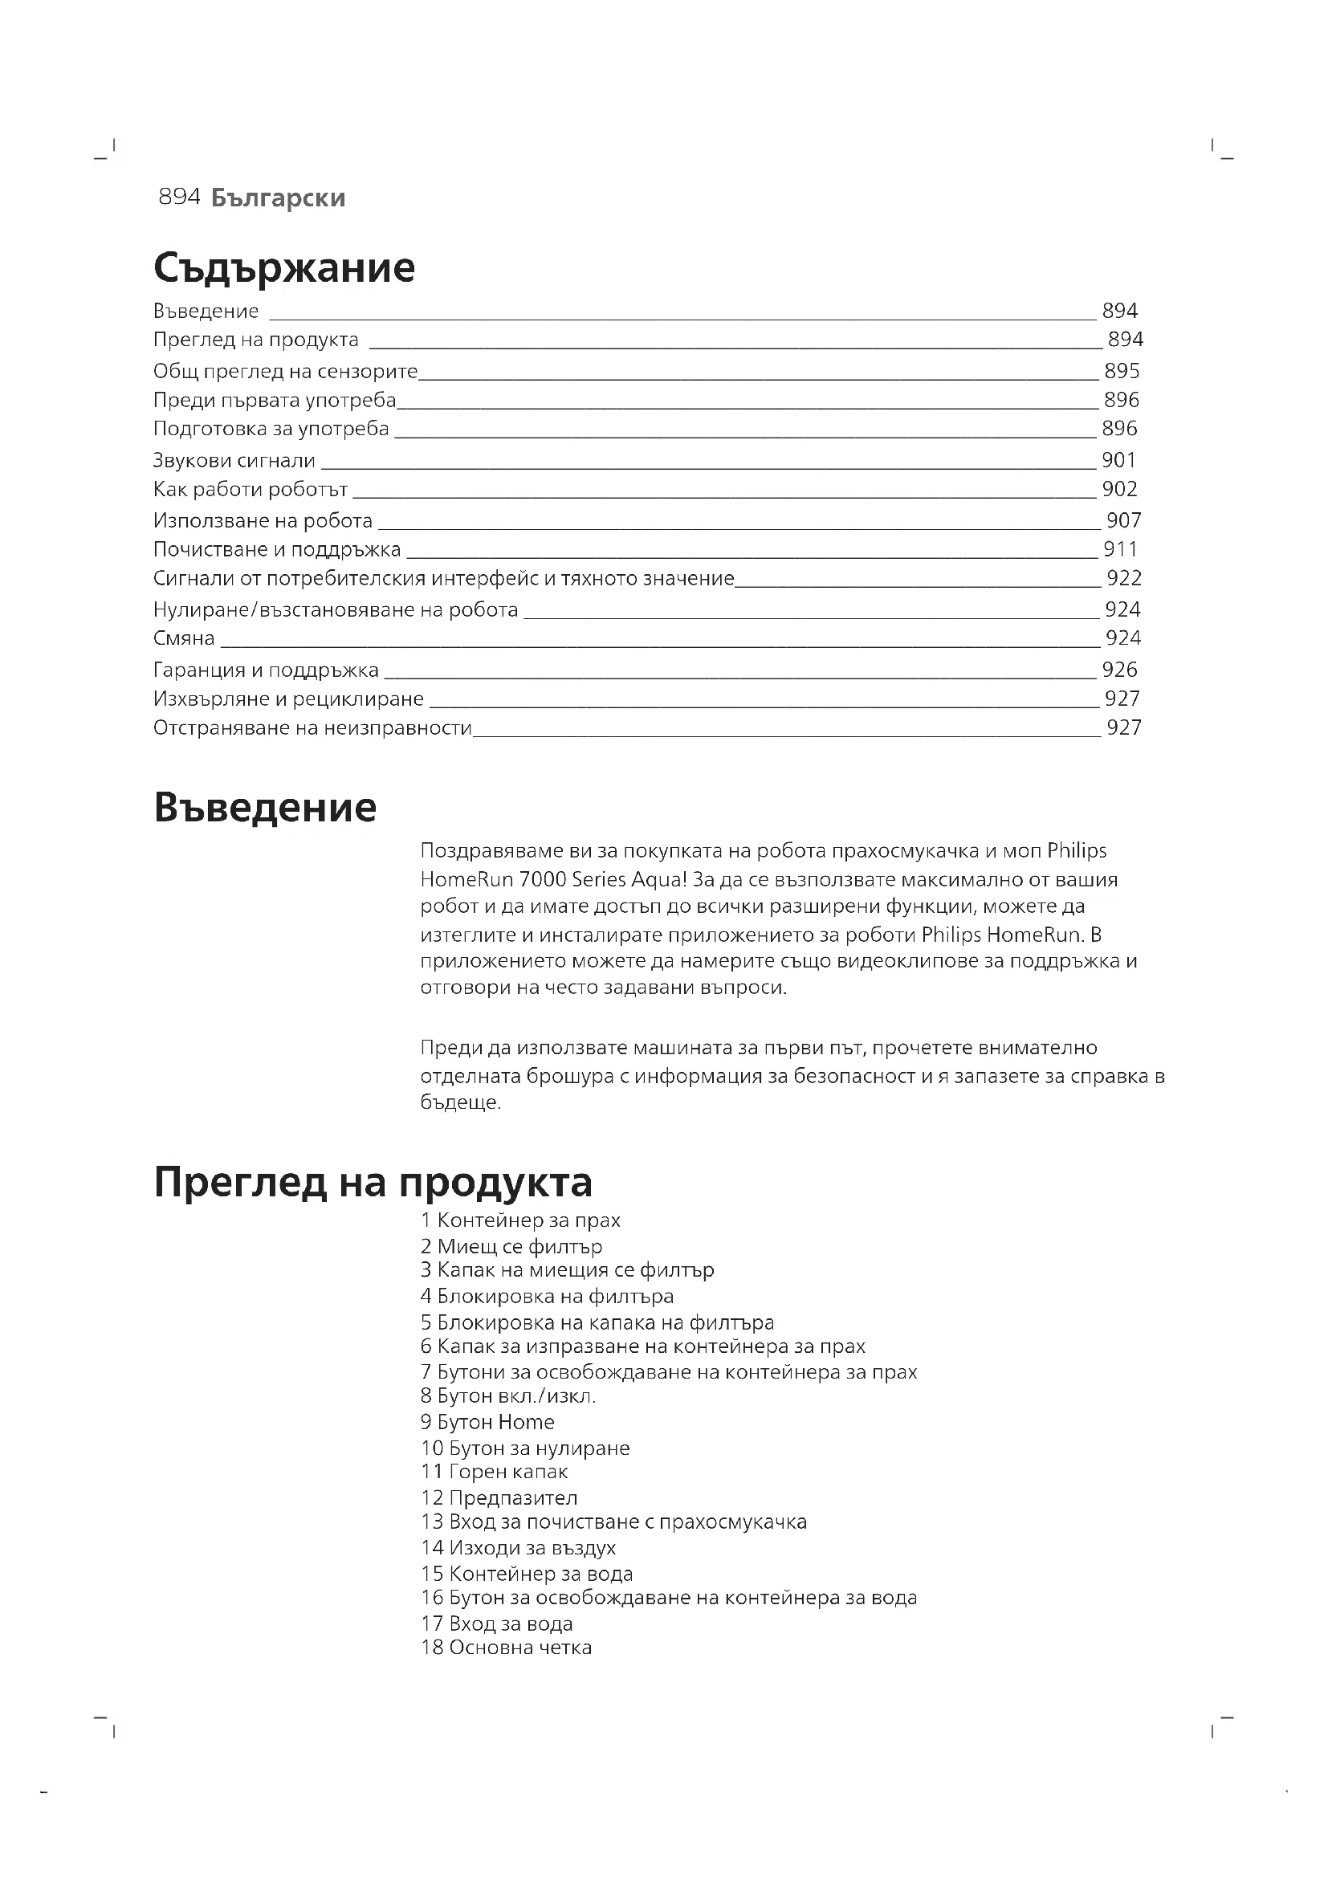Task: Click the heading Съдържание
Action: tap(283, 267)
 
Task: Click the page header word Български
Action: tap(278, 198)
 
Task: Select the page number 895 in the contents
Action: tap(1121, 372)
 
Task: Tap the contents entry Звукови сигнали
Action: tap(234, 461)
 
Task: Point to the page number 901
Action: tap(1118, 461)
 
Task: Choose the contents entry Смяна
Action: tap(184, 638)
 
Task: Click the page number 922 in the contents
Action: tap(1123, 578)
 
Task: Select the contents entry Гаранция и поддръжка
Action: tap(266, 670)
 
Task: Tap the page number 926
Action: tap(1119, 670)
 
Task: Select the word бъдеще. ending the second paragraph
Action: tap(460, 1102)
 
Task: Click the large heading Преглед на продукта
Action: tap(373, 1182)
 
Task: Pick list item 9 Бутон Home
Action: tap(487, 1423)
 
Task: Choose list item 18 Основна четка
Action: tap(506, 1648)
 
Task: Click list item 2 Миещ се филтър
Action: tap(511, 1247)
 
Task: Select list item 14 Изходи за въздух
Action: tap(518, 1547)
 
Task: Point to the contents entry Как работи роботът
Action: tap(251, 489)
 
